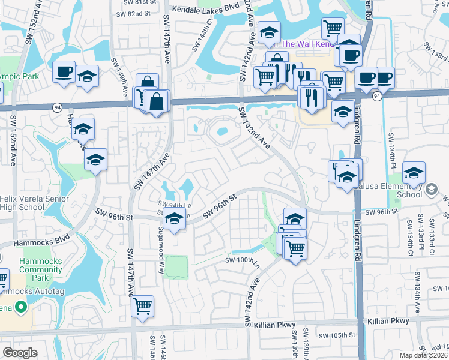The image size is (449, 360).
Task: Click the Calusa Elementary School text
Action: [401, 190]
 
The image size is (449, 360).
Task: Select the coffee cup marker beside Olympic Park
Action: [63, 73]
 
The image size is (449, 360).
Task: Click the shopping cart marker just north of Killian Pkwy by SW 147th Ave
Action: [142, 307]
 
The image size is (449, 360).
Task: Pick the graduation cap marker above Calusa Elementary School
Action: [414, 173]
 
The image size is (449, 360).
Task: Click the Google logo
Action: [20, 353]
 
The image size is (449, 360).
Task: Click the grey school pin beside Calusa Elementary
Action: [430, 190]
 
